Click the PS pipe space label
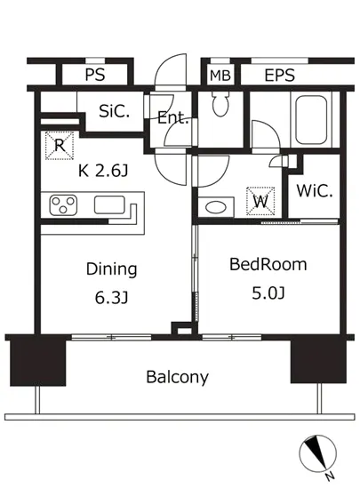point(95,75)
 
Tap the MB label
point(220,76)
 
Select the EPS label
point(280,76)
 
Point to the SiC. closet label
point(114,111)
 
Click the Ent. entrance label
point(173,118)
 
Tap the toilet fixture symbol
point(220,104)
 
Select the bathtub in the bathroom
point(311,120)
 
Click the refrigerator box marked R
point(60,146)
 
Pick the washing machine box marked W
point(260,201)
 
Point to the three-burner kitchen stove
point(63,204)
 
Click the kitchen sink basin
point(109,204)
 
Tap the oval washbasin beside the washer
point(216,207)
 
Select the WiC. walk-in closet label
point(315,191)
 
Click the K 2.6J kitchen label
point(103,171)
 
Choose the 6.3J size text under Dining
point(112,298)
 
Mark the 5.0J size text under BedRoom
point(268,293)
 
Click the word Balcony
point(178,377)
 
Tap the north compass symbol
point(318,453)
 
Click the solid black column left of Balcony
point(38,363)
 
